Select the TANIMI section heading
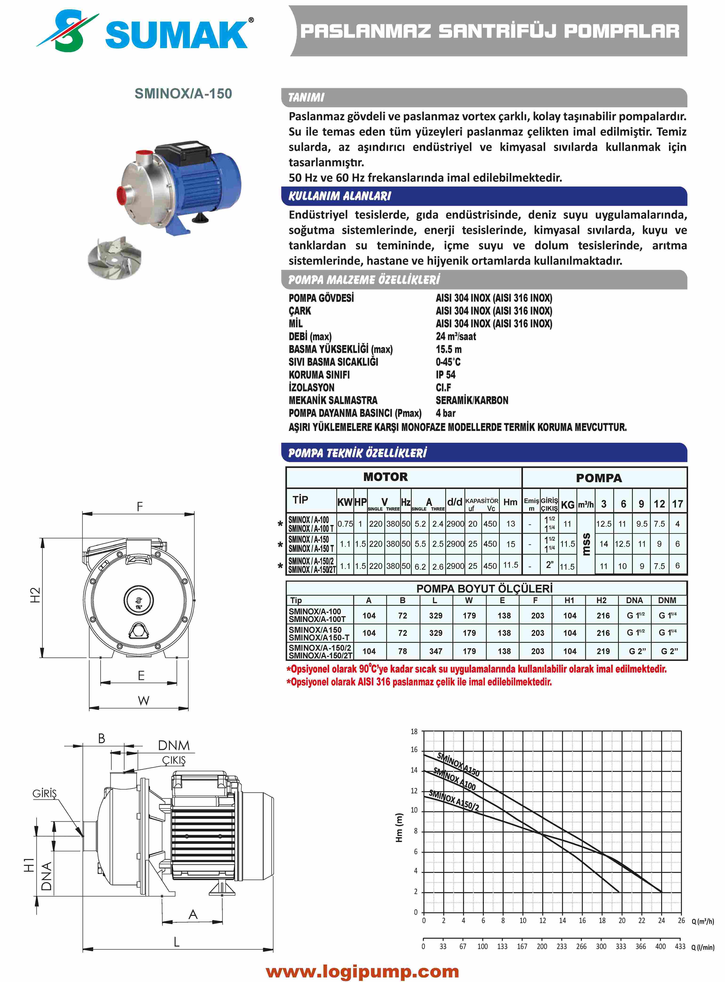tap(306, 97)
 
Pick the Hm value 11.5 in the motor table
tap(510, 565)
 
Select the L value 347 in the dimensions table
tap(435, 651)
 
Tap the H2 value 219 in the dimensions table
tap(603, 651)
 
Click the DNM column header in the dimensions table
tap(667, 600)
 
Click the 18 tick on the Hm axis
tap(414, 732)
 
